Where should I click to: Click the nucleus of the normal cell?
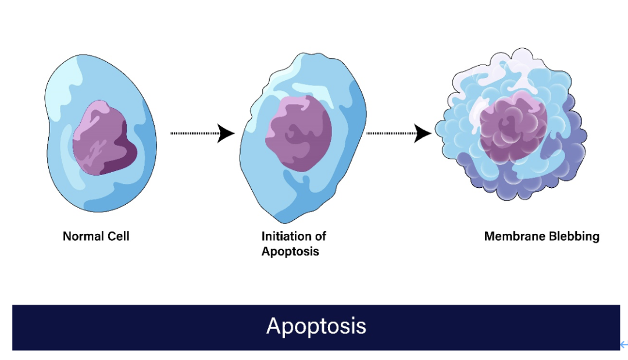tap(105, 138)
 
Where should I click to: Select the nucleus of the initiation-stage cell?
tap(299, 133)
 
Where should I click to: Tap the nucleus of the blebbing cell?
tap(513, 126)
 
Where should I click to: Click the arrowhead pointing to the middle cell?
tap(226, 133)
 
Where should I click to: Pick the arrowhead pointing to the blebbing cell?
tap(423, 133)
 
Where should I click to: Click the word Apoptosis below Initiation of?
tap(290, 251)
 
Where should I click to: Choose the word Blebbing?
tap(575, 237)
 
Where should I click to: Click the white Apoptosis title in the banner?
tap(316, 326)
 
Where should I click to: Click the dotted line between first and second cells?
tap(194, 133)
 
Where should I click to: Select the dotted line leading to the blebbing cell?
tap(391, 133)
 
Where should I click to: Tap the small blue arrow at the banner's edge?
tap(624, 345)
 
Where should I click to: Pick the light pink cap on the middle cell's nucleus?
tap(292, 104)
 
